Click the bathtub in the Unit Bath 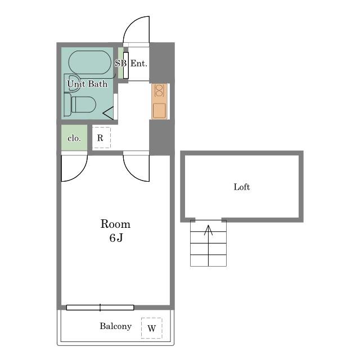coord(90,62)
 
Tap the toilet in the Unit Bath coord(80,105)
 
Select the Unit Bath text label coord(87,84)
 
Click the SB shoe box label coord(121,63)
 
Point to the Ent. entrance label coord(139,64)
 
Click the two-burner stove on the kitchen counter coord(159,91)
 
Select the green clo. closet coord(74,137)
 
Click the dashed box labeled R coord(101,137)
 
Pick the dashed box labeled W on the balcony coord(151,328)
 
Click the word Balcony coord(115,326)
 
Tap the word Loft coord(242,187)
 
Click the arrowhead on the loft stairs coord(209,230)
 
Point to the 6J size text coord(116,237)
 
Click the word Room coord(115,224)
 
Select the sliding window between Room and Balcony coord(100,308)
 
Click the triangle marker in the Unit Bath coord(108,113)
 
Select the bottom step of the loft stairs coord(209,260)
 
